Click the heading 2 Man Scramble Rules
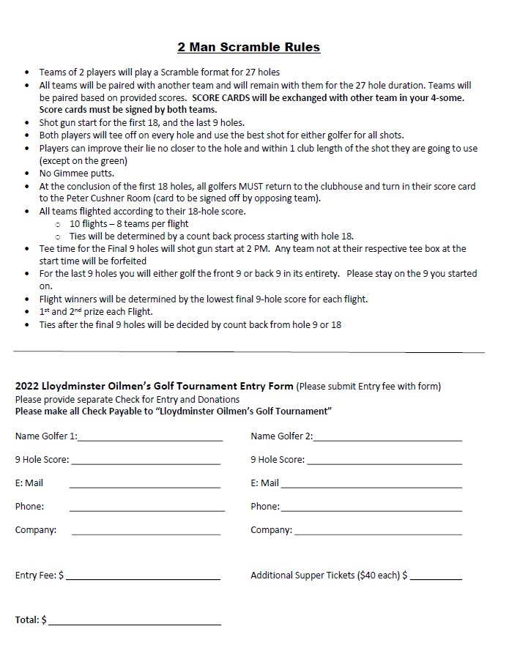coord(248,48)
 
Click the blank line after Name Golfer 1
coord(150,439)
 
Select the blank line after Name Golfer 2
coord(387,439)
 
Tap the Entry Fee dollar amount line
coord(143,578)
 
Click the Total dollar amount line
coord(134,623)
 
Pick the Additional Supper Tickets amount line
coord(436,578)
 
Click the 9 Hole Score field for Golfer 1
coord(146,463)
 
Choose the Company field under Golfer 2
coord(377,533)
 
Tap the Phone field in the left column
coord(144,510)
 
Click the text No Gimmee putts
coord(76,174)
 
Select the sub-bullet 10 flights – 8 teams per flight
coord(129,224)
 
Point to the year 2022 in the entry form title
coord(27,386)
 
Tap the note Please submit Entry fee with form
coord(369,386)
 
